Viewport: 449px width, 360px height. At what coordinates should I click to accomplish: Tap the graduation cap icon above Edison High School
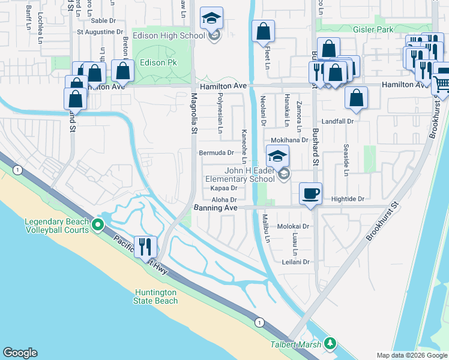click(211, 18)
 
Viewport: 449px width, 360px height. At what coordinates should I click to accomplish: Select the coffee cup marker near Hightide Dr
click(310, 194)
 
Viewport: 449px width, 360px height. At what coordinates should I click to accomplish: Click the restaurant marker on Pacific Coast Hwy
click(145, 246)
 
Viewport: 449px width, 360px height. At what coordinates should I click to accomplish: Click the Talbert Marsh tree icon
click(330, 343)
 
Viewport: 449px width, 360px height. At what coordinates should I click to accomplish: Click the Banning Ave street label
click(215, 208)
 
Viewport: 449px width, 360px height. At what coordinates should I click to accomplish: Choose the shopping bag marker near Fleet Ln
click(263, 32)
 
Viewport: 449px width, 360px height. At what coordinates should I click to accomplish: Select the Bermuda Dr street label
click(216, 153)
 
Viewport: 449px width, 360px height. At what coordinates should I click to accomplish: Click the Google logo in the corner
click(20, 353)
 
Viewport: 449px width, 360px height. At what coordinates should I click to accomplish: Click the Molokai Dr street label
click(293, 227)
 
